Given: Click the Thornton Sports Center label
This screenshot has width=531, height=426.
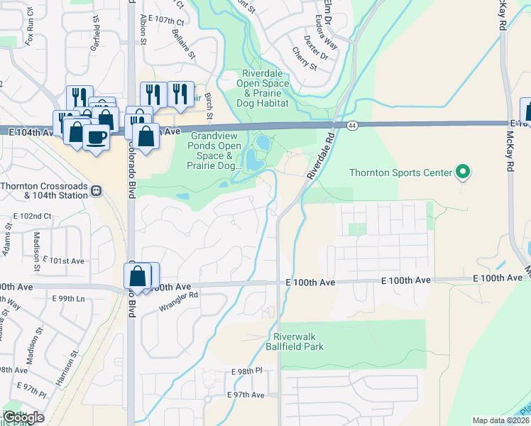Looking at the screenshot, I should coord(400,173).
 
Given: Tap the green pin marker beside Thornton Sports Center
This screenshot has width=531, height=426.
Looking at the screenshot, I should coord(464,172).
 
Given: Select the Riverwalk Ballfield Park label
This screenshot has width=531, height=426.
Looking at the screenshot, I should coord(298,342).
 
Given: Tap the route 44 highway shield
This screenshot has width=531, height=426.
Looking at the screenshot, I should coord(352,126).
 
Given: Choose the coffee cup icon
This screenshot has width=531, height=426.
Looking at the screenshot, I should coord(96,136).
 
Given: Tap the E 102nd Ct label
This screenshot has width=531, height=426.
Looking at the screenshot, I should coord(33,216).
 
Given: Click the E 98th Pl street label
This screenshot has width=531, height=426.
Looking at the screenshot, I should coord(247,372).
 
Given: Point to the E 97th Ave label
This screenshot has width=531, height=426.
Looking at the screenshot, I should coord(246,395).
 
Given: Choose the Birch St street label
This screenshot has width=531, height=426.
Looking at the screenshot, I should coord(209,105).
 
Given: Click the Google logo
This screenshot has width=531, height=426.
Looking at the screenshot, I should coord(24,417).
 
